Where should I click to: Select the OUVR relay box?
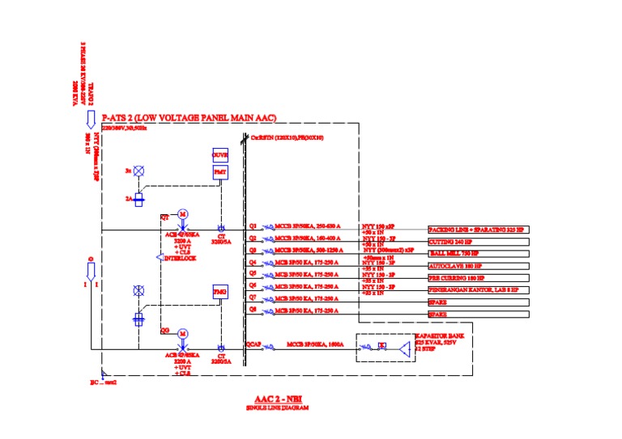click(220, 154)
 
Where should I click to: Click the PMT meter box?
click(220, 173)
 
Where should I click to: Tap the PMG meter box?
click(220, 292)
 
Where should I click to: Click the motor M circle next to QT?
click(183, 213)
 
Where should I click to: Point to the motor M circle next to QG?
click(183, 333)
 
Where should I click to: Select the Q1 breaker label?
click(253, 226)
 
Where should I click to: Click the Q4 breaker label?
click(253, 262)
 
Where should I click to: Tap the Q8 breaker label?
click(253, 309)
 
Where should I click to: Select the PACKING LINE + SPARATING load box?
click(478, 230)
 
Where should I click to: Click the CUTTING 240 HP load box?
click(478, 242)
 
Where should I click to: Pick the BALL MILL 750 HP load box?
click(478, 254)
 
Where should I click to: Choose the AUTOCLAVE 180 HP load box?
click(478, 266)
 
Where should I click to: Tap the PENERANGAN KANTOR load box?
click(478, 289)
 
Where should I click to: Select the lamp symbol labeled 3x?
click(138, 171)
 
